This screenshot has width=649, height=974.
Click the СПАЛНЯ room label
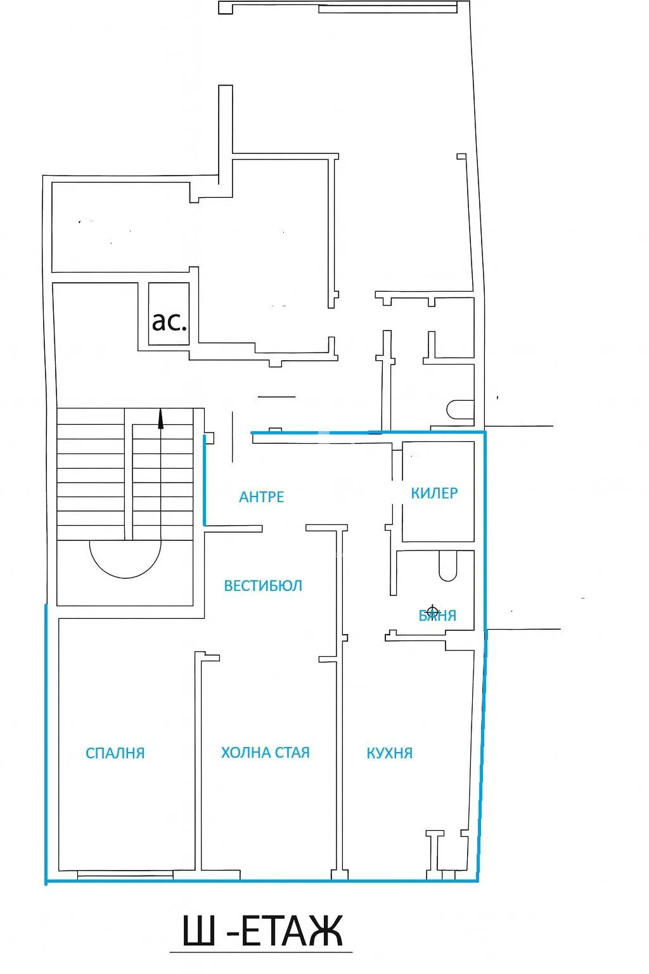tap(115, 753)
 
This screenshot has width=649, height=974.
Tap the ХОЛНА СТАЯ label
tap(265, 752)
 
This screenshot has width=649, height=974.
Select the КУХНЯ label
tap(389, 753)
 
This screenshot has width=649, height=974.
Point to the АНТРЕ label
tap(261, 497)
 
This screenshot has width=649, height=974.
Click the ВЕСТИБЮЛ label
tap(263, 585)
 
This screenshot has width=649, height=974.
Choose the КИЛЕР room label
tap(434, 493)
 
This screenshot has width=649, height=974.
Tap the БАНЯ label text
tap(438, 615)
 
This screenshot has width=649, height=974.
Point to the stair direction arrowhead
tap(160, 419)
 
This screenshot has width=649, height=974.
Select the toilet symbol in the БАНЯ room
tap(447, 566)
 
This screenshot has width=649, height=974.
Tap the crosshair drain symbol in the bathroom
tap(433, 609)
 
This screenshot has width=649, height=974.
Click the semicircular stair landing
tap(125, 558)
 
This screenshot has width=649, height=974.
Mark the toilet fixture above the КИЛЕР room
tap(459, 409)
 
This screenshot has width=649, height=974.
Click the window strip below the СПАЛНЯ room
tap(125, 875)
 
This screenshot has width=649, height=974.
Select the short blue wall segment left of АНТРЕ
tap(204, 480)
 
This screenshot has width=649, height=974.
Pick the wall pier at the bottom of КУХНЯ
tap(434, 853)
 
